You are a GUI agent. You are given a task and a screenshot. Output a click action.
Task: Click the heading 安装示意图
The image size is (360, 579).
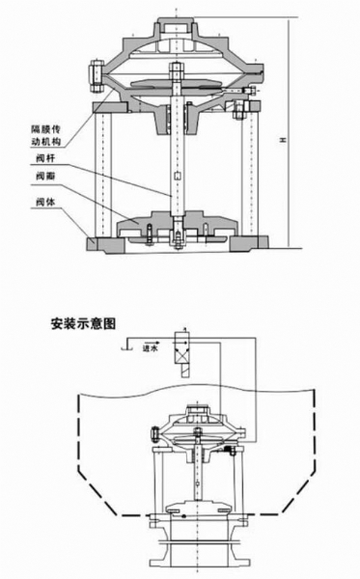point(82,325)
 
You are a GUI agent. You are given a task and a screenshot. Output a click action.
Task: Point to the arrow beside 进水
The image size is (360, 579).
point(132,343)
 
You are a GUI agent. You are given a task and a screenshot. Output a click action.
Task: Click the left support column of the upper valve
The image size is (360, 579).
point(102,174)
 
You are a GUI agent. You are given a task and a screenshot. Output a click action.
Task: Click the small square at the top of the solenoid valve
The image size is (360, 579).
point(180,336)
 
